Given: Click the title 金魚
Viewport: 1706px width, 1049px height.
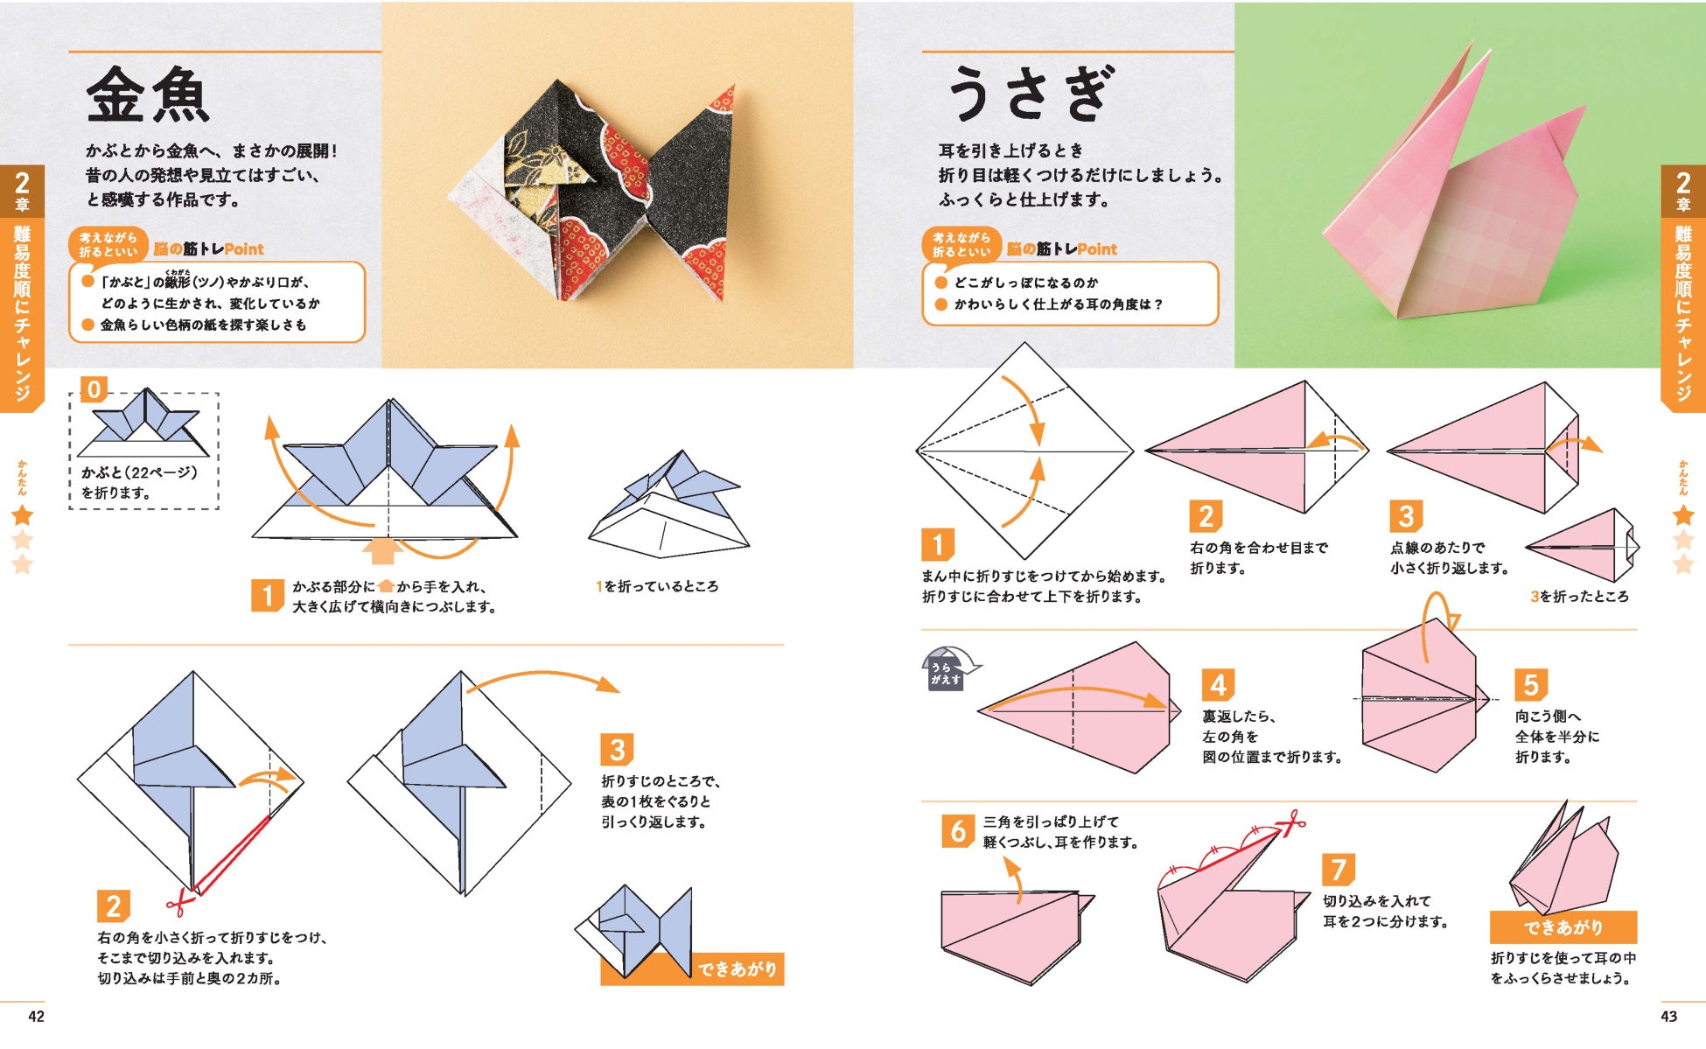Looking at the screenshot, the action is tap(148, 95).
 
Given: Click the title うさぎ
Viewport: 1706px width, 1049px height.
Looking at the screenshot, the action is tap(1031, 94).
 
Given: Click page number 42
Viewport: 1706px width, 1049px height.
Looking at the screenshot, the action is tap(36, 1016).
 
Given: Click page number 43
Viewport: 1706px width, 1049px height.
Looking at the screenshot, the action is tap(1669, 1016).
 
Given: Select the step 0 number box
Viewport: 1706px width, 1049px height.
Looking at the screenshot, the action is tap(94, 389).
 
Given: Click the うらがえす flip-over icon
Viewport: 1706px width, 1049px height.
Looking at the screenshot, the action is tap(949, 669).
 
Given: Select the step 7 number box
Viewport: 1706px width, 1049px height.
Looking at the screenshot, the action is tap(1339, 870).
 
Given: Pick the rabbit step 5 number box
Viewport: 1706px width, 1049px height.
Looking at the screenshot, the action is tap(1531, 684).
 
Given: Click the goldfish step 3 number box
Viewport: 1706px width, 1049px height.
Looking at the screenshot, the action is tap(618, 750).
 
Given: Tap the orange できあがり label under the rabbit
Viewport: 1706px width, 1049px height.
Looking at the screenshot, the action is tap(1563, 927).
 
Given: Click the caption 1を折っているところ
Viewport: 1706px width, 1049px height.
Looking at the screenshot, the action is tap(657, 586).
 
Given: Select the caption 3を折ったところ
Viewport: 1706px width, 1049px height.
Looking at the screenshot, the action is tap(1579, 597).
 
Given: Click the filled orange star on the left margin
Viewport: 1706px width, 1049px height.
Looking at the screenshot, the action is tap(22, 515).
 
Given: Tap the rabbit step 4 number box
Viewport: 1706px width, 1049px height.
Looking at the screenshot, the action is tap(1219, 685).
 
